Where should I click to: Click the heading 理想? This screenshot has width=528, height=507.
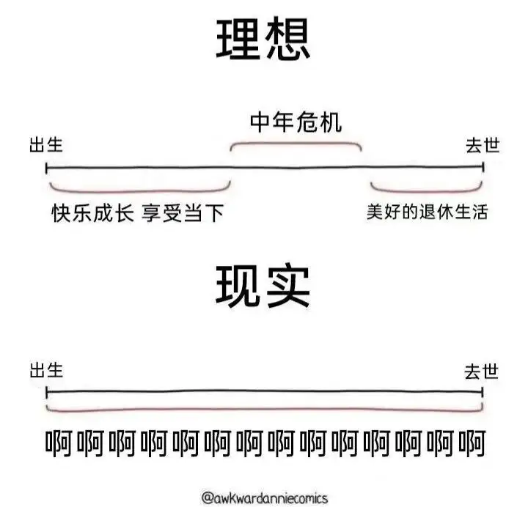tap(263, 40)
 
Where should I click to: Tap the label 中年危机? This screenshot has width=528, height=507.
tap(296, 122)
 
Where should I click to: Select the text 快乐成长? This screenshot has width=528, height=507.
tap(93, 212)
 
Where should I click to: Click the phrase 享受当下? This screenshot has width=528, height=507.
tap(183, 213)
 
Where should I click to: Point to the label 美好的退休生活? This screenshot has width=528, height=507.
tap(428, 212)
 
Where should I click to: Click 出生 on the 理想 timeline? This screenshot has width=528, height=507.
tap(46, 144)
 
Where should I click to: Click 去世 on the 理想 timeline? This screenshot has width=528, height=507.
tap(483, 145)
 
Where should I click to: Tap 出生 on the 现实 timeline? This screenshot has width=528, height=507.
tap(46, 370)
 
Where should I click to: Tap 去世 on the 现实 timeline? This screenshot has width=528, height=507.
tap(481, 371)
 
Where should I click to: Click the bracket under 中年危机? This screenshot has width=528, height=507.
tap(296, 144)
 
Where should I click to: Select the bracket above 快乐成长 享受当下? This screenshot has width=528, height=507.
tap(140, 191)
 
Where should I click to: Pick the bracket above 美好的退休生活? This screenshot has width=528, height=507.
tap(426, 191)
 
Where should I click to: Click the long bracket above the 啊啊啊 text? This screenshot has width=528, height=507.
tap(264, 410)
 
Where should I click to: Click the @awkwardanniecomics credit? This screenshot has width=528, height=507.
tap(264, 498)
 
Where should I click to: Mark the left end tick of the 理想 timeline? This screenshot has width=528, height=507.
tap(46, 168)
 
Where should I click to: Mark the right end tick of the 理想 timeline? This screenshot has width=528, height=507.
tap(483, 167)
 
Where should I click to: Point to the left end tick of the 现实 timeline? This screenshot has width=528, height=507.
tap(46, 392)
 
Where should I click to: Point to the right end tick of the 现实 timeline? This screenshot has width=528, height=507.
tap(483, 392)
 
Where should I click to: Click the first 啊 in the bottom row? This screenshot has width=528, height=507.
tap(59, 443)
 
